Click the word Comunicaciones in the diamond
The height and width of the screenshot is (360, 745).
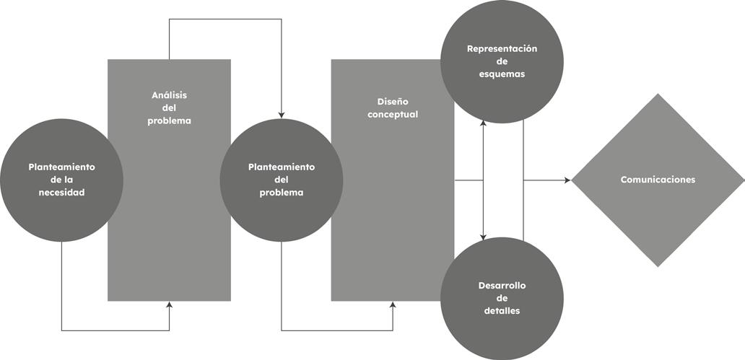pyautogui.click(x=658, y=180)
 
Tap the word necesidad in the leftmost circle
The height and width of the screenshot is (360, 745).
pyautogui.click(x=61, y=193)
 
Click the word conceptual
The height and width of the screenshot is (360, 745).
pyautogui.click(x=393, y=115)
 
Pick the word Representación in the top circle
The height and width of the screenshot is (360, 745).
pyautogui.click(x=502, y=48)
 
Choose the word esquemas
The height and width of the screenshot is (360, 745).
pyautogui.click(x=502, y=74)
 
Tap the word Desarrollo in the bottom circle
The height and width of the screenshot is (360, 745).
pyautogui.click(x=502, y=286)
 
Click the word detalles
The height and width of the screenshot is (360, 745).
pyautogui.click(x=502, y=311)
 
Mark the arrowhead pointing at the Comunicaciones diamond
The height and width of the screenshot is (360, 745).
pyautogui.click(x=567, y=180)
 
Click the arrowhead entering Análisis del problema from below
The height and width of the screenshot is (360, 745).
pyautogui.click(x=169, y=304)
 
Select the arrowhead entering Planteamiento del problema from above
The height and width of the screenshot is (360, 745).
pyautogui.click(x=282, y=115)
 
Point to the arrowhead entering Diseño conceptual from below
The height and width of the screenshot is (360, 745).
pyautogui.click(x=393, y=304)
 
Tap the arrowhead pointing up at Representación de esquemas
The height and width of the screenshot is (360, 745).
pyautogui.click(x=483, y=123)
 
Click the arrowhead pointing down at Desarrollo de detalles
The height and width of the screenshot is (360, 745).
pyautogui.click(x=483, y=237)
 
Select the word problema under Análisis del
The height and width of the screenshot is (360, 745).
pyautogui.click(x=169, y=121)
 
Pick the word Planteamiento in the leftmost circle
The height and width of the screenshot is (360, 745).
pyautogui.click(x=61, y=167)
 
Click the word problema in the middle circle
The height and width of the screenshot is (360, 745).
pyautogui.click(x=282, y=193)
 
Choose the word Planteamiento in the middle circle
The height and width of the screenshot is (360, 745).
pyautogui.click(x=282, y=167)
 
